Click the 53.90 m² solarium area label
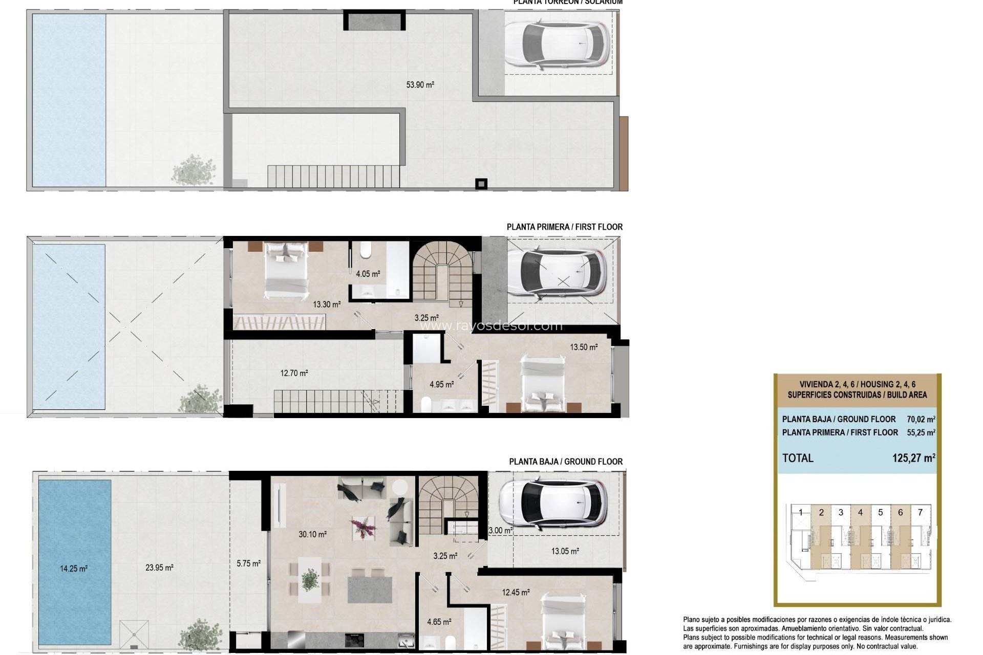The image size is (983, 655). point(420,85)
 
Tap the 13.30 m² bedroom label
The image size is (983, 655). point(327,304)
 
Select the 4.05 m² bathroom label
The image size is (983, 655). point(368,274)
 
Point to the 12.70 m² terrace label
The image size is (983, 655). point(294,373)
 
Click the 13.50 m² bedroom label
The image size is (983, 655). point(584,347)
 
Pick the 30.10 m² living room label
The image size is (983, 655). point(312,534)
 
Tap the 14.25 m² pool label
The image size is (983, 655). point(73,568)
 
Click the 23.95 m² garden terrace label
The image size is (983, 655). point(159,567)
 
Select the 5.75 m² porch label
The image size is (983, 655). point(248,563)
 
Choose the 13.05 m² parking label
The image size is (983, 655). point(565,551)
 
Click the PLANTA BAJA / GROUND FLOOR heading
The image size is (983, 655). point(566,462)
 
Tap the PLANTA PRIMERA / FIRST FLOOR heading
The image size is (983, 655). point(564,227)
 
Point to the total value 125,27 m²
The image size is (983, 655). point(913,458)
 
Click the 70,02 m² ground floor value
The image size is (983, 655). point(921,419)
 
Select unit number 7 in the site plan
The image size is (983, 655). point(920,512)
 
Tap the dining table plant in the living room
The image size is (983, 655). point(310,579)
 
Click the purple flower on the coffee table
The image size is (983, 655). point(362,527)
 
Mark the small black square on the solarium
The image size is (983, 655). point(481,183)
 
